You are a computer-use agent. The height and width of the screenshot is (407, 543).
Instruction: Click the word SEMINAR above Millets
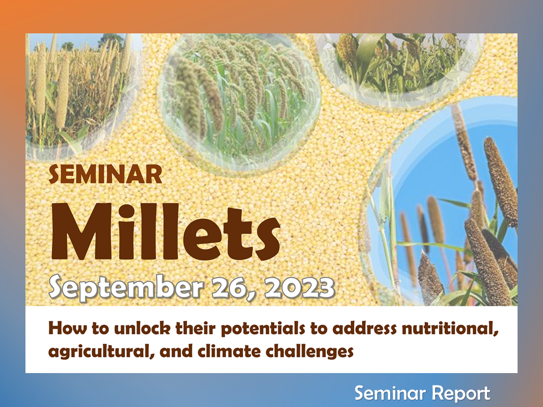tap(105, 175)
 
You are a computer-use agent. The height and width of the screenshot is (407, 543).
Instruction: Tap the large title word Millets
tap(166, 232)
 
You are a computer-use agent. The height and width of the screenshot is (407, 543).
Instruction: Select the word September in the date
tap(126, 288)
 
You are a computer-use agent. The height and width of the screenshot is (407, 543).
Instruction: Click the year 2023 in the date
tap(300, 287)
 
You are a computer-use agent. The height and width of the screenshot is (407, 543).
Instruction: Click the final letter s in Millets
tap(267, 239)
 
